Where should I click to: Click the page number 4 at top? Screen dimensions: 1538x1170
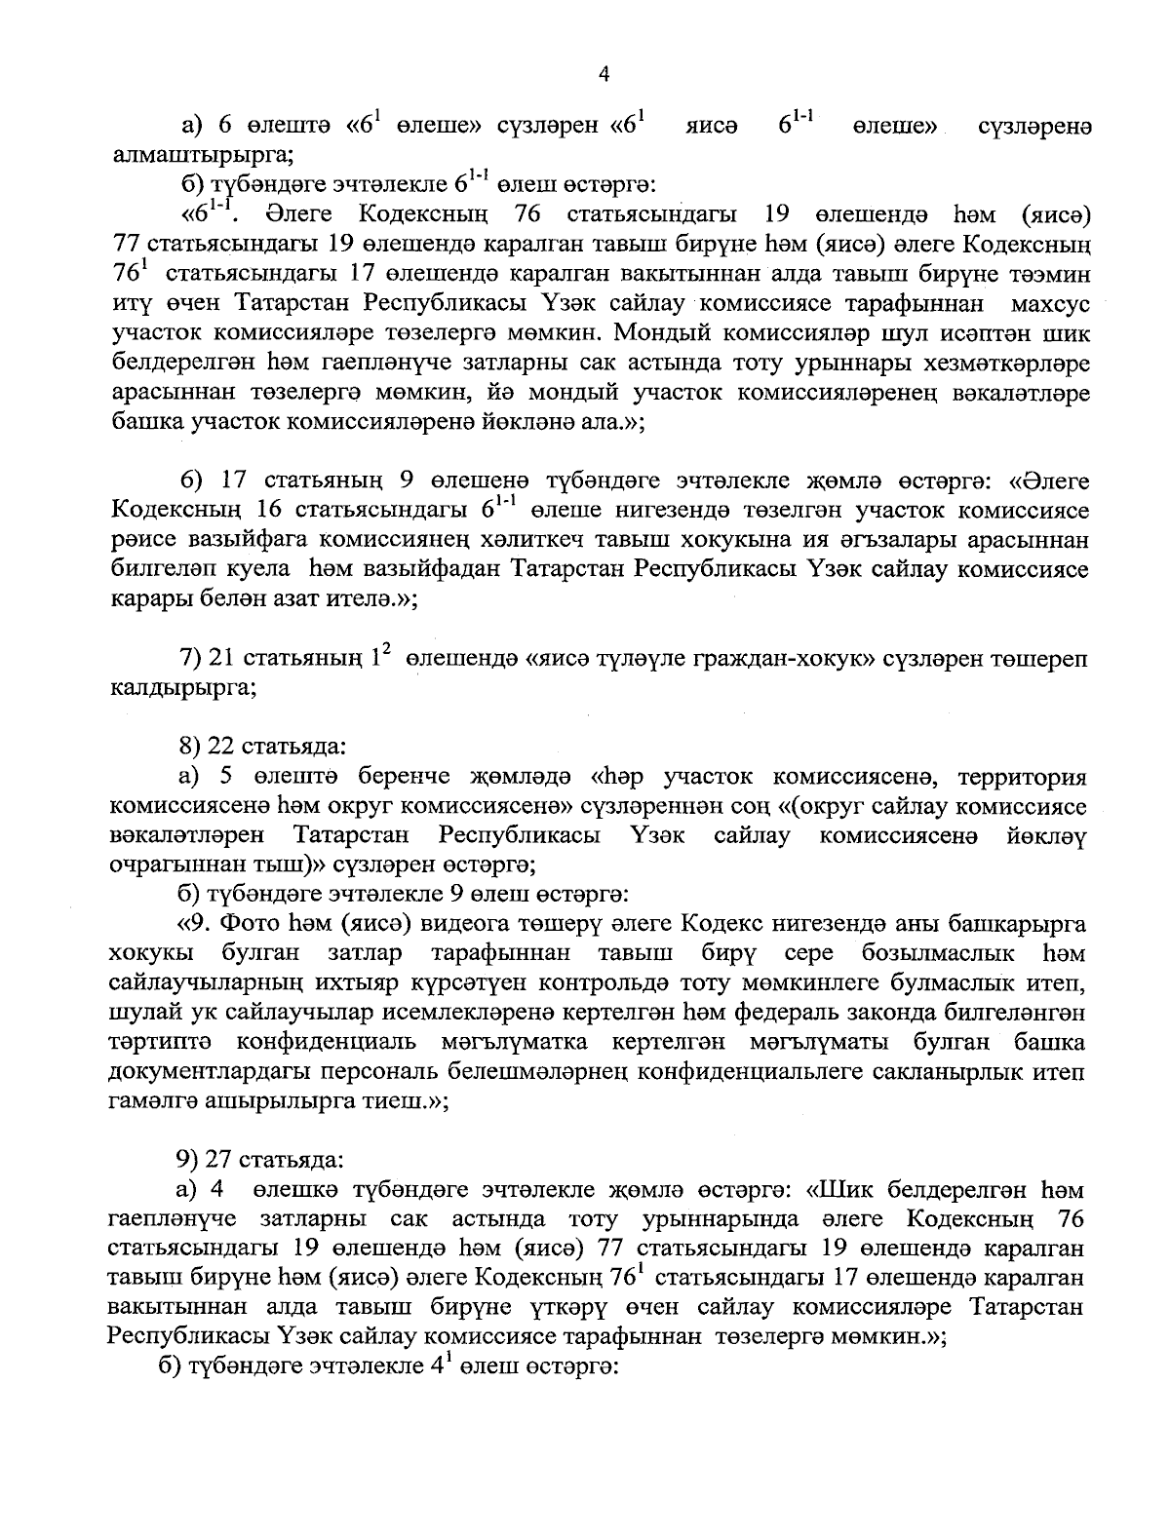point(603,75)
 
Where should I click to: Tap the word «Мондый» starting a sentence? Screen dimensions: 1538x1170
point(665,334)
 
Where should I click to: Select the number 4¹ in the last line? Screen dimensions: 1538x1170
point(434,1366)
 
